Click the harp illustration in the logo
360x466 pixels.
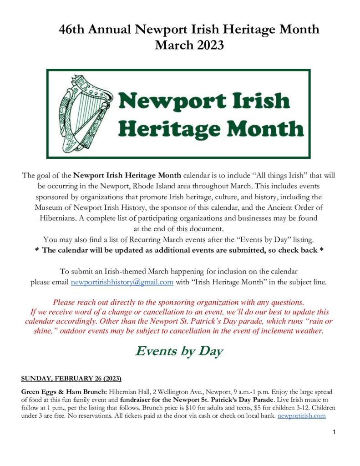pyautogui.click(x=87, y=114)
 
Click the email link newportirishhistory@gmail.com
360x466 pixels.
pyautogui.click(x=122, y=282)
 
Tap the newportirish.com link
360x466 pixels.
pyautogui.click(x=302, y=415)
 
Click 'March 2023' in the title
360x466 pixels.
pyautogui.click(x=189, y=46)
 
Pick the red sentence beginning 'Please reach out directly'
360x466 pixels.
pyautogui.click(x=178, y=302)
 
